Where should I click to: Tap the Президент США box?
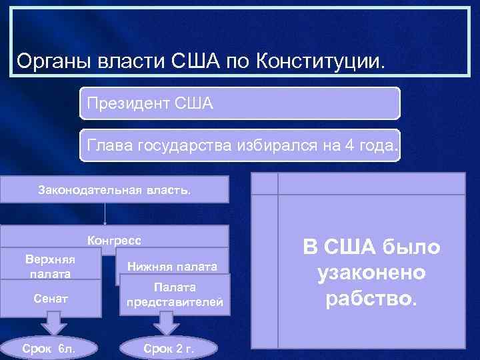pyautogui.click(x=240, y=103)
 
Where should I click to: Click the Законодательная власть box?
pyautogui.click(x=114, y=189)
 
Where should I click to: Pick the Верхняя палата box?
pyautogui.click(x=51, y=265)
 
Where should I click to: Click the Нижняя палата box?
pyautogui.click(x=173, y=267)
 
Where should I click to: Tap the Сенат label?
pyautogui.click(x=51, y=299)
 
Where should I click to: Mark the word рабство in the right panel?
pyautogui.click(x=371, y=299)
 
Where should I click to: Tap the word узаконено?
pyautogui.click(x=371, y=273)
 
